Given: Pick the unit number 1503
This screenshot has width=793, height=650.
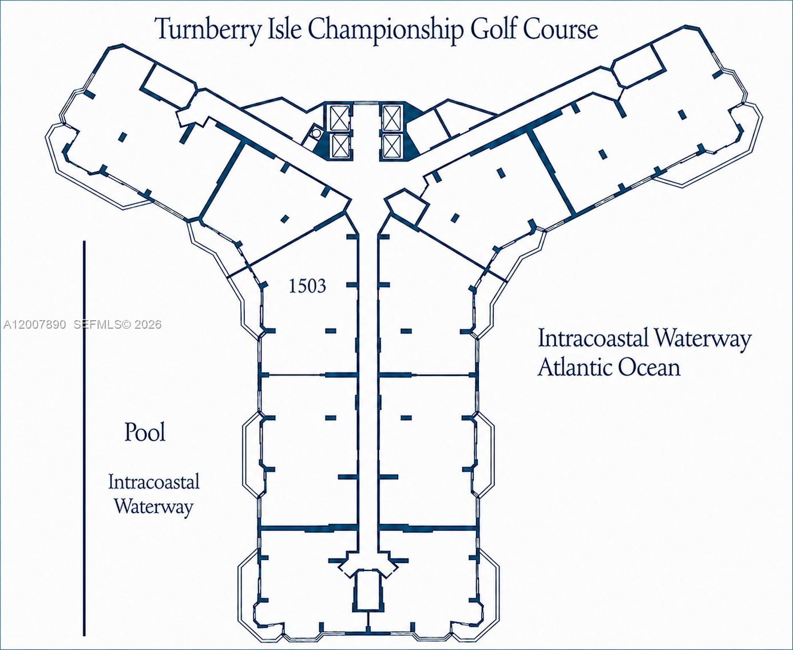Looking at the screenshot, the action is (307, 286).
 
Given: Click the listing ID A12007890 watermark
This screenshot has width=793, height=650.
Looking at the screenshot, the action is (35, 325).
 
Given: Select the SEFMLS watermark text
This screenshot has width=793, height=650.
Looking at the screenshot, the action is (97, 325).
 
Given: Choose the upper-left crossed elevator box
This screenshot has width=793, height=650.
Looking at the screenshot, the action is (340, 117).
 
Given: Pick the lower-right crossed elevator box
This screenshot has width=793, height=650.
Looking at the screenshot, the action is (392, 146).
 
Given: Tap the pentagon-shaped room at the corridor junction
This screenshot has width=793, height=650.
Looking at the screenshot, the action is (407, 209).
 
